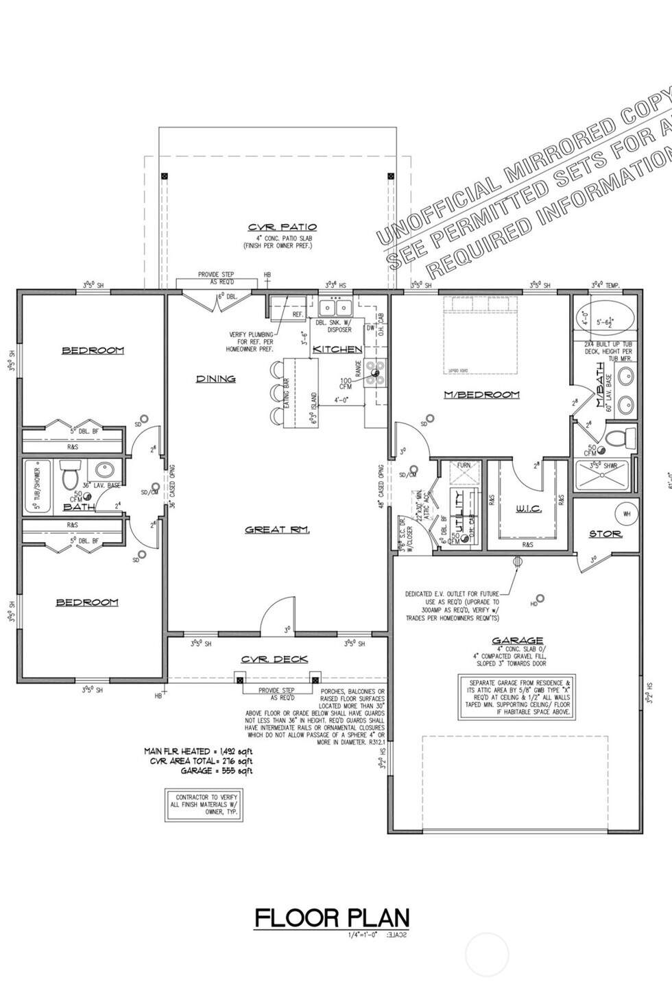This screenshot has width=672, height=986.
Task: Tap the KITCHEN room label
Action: (337, 349)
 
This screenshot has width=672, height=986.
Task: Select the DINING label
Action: (216, 378)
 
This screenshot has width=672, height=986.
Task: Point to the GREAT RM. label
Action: (278, 530)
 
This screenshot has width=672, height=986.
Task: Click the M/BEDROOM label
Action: (481, 395)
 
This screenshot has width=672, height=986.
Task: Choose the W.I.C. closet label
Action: (528, 508)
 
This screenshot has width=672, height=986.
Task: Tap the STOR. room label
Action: (605, 534)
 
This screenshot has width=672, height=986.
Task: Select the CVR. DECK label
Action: (274, 659)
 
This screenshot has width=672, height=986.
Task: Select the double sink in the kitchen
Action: (335, 306)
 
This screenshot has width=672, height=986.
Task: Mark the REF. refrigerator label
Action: (298, 315)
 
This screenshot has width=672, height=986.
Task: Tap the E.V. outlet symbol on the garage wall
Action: (518, 561)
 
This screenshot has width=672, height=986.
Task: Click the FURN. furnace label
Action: (464, 465)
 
